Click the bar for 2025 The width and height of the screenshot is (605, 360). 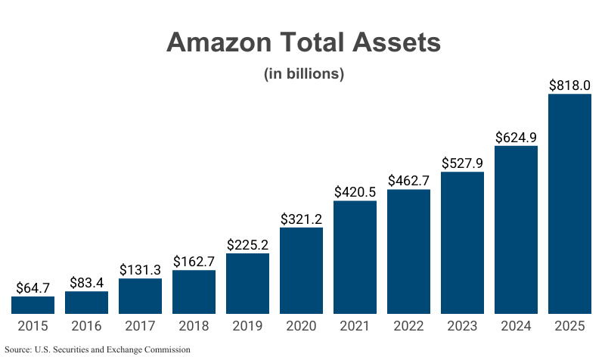point(569,204)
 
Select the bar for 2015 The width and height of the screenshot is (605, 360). point(33,305)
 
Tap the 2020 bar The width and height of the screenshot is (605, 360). point(301,271)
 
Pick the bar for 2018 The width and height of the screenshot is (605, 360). point(194,292)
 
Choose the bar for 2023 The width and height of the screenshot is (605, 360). point(462,243)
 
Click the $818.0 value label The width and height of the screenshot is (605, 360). point(569,85)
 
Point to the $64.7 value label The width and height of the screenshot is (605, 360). point(33,288)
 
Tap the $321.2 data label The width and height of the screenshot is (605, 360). point(301,219)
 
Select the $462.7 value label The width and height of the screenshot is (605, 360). point(408,181)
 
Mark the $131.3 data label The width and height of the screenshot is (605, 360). point(140,270)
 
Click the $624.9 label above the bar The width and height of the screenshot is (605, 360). point(516,138)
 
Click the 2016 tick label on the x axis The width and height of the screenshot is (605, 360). point(86,327)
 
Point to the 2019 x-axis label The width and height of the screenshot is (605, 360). point(247,327)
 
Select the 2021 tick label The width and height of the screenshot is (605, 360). point(355,327)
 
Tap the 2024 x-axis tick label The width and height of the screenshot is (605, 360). point(516,327)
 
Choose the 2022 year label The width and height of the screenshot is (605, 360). point(408,327)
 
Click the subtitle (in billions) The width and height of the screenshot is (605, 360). point(303,74)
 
